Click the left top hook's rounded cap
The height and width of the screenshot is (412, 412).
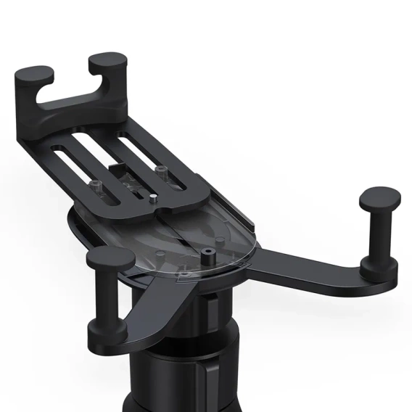tap(35, 75)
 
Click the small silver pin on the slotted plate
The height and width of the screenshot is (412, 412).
tap(154, 195)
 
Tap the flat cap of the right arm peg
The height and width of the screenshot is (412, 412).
tap(379, 196)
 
